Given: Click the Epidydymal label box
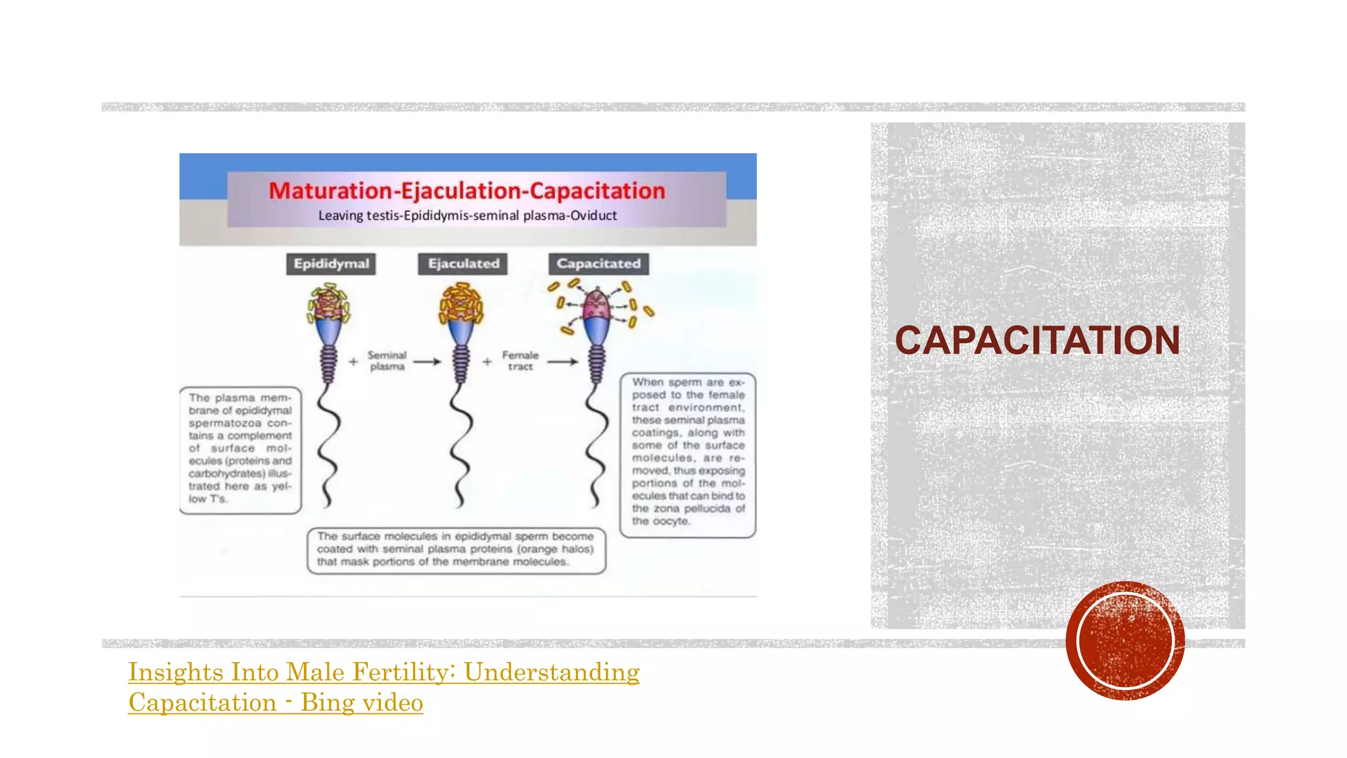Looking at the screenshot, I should (331, 264).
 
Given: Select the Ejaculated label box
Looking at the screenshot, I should (463, 264).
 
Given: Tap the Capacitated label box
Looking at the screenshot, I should (599, 264).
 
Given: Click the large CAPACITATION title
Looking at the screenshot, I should (1037, 340).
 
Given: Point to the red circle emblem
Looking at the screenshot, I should (1125, 640).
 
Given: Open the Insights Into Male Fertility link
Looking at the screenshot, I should (383, 687).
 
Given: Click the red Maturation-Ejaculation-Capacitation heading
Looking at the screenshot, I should (467, 191).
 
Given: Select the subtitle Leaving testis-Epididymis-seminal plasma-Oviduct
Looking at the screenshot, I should (467, 216).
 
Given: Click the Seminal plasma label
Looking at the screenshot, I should (387, 361).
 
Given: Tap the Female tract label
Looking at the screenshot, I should (520, 361).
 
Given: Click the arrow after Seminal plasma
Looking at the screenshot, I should (427, 361).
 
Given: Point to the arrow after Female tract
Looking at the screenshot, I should (563, 361).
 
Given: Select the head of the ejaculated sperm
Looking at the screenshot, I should (461, 305).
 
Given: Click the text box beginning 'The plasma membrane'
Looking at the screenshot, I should (240, 449).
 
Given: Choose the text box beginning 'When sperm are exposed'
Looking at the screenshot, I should (688, 454).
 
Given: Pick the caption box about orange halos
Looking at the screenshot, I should (456, 549).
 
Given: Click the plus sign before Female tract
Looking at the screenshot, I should (487, 361).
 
